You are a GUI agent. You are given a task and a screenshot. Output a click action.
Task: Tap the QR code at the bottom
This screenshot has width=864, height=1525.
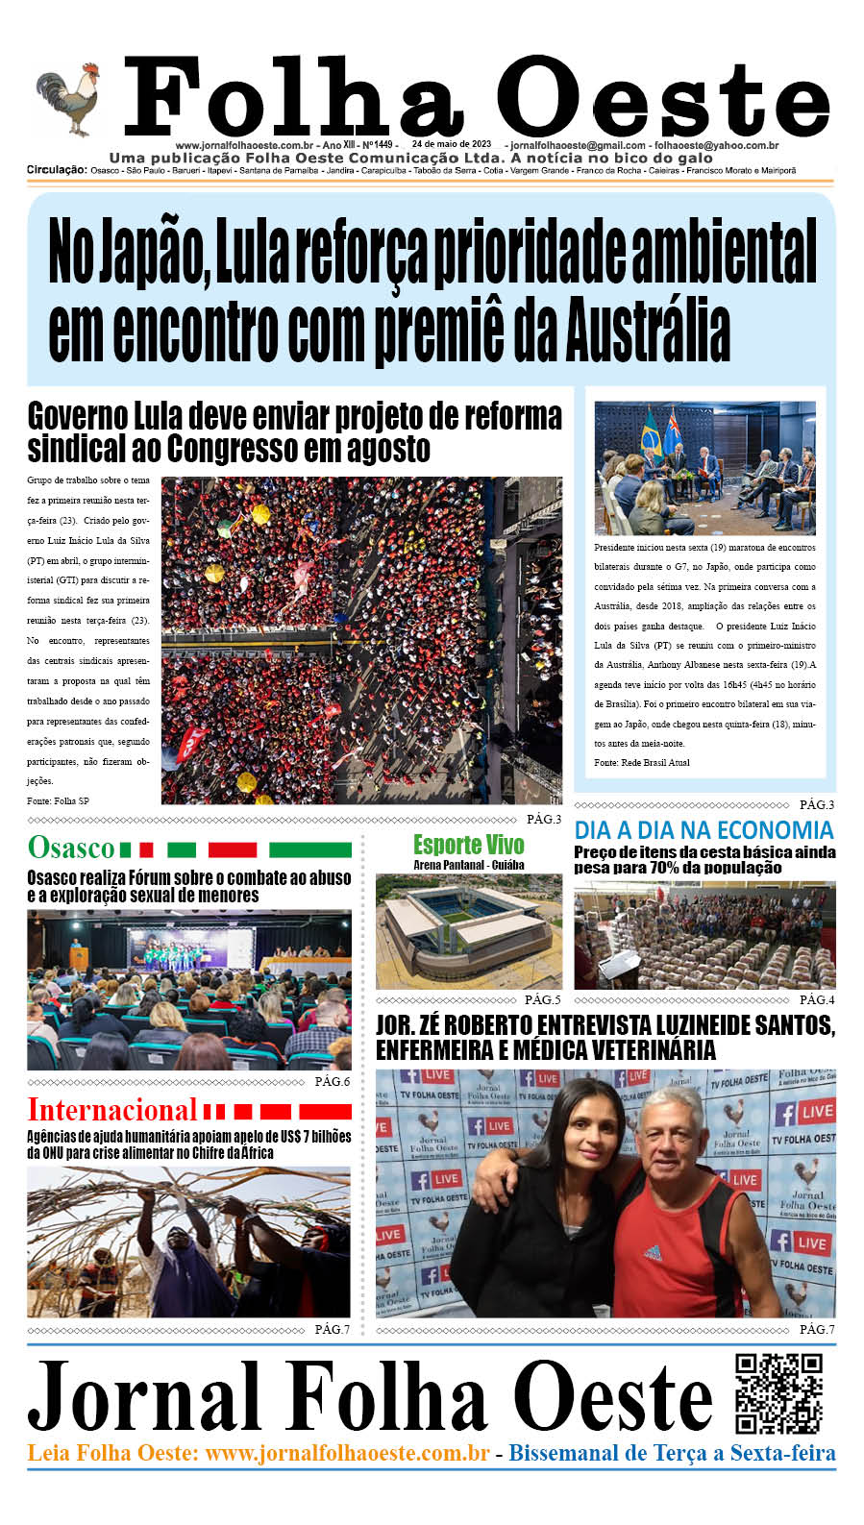(x=778, y=1393)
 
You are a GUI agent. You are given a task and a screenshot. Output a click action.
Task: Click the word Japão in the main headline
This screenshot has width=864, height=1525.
(x=148, y=252)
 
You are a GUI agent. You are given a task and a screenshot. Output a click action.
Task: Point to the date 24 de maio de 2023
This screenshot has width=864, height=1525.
(x=451, y=145)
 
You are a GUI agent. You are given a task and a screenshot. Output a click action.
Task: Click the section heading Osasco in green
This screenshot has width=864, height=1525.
(x=71, y=849)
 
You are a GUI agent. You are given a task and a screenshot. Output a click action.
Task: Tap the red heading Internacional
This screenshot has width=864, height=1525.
(x=111, y=1110)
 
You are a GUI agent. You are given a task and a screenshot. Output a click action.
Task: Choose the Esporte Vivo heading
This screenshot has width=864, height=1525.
(x=468, y=845)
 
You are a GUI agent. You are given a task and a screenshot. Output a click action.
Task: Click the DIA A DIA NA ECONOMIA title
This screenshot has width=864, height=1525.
(x=704, y=830)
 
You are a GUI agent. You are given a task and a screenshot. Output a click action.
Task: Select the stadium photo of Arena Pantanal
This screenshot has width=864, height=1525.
(x=468, y=931)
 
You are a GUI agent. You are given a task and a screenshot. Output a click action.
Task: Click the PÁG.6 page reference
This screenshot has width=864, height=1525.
(x=332, y=1082)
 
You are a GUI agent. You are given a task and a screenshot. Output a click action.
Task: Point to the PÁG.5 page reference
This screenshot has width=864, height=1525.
(x=542, y=1000)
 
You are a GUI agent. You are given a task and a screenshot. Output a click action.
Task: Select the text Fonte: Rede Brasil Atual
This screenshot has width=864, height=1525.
(x=641, y=763)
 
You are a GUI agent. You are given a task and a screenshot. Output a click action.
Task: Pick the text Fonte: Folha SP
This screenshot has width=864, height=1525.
(x=58, y=801)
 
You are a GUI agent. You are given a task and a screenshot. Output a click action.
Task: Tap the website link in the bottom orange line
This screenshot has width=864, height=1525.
(x=347, y=1453)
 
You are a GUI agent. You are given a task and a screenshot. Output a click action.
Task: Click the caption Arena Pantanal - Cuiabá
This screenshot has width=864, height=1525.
(x=468, y=865)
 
